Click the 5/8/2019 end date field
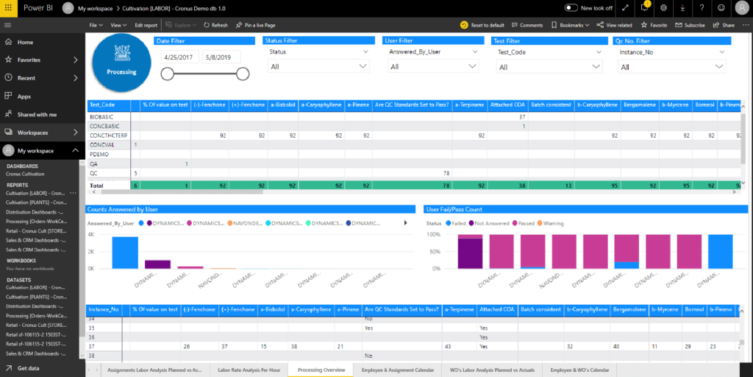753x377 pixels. click(x=221, y=56)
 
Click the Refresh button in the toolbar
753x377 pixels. click(x=215, y=25)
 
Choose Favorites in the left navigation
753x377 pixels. click(x=29, y=60)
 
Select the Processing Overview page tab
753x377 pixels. click(x=321, y=369)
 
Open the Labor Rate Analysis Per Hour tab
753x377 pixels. click(x=249, y=369)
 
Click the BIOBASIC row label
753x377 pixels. click(x=102, y=117)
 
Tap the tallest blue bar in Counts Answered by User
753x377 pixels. click(x=125, y=253)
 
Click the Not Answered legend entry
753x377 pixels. click(x=493, y=222)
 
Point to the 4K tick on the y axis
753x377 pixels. click(x=91, y=234)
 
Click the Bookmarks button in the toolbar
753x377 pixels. click(x=571, y=25)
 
